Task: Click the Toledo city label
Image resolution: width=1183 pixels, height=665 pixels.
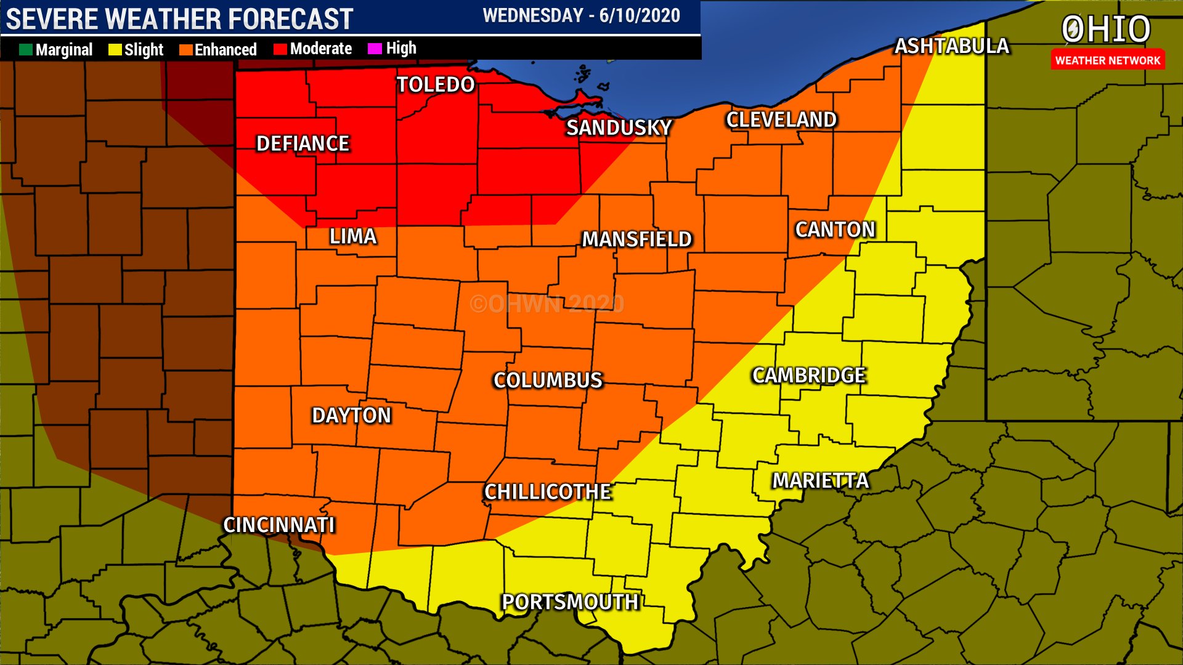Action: coord(436,84)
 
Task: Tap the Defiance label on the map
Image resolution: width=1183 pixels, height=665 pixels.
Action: coord(303,143)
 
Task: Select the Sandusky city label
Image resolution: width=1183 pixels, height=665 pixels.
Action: coord(619,127)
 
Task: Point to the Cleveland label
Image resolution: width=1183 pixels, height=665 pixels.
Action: coord(781,119)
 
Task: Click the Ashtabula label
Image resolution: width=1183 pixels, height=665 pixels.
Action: coord(951,46)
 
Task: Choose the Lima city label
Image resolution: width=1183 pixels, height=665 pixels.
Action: coord(352,236)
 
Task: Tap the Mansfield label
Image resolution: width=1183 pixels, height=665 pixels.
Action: coord(637,239)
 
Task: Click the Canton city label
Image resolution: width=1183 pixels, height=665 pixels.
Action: coord(835,230)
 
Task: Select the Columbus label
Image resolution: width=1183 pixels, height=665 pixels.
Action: coord(548,381)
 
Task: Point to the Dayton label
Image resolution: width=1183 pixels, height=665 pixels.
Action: coord(351,416)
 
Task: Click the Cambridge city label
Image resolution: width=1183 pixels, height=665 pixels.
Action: coord(809,375)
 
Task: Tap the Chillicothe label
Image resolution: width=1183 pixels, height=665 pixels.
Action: coord(547,492)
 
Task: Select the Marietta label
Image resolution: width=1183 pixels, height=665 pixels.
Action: coord(820,480)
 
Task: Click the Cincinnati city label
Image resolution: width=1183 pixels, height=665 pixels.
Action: coord(278,525)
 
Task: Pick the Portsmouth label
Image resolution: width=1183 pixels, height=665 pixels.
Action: coord(570,602)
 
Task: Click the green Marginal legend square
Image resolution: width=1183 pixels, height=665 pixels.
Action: coord(25,50)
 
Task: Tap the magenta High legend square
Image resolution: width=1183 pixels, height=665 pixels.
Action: coord(374,49)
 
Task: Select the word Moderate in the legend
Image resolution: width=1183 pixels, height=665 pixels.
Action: coord(320,49)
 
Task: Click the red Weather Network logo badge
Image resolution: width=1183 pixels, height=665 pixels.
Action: coord(1107,60)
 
